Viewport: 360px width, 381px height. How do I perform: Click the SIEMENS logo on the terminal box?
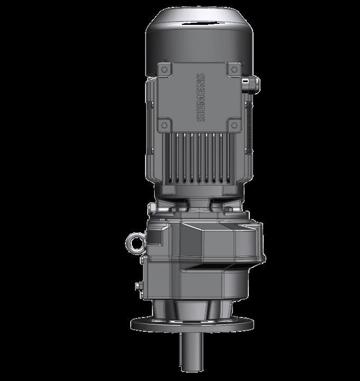pyautogui.click(x=201, y=97)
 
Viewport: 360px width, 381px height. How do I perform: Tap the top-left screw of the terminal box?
pyautogui.click(x=165, y=69)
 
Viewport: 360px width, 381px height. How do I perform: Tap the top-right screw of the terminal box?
pyautogui.click(x=234, y=69)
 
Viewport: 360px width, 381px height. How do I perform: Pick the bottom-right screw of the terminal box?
pyautogui.click(x=234, y=125)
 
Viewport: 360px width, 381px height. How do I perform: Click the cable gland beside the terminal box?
pyautogui.click(x=250, y=83)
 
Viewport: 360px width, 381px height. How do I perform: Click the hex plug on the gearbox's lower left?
pyautogui.click(x=139, y=286)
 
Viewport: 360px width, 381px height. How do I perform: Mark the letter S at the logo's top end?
pyautogui.click(x=201, y=78)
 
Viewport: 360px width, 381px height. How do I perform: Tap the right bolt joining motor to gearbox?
pyautogui.click(x=228, y=210)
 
